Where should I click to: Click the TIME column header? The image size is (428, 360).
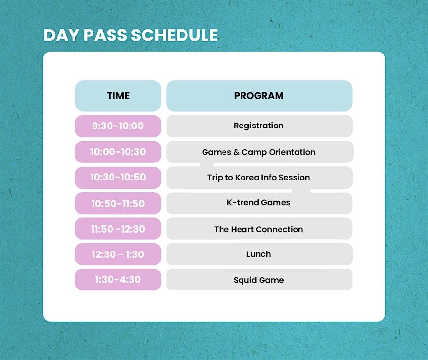tap(118, 96)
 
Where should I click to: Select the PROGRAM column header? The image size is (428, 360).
tap(259, 96)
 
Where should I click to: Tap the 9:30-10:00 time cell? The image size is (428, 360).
tap(118, 126)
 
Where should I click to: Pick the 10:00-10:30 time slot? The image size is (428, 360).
tap(118, 152)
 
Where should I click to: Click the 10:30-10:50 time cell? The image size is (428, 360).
tap(118, 178)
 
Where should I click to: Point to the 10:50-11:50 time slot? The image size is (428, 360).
tap(118, 203)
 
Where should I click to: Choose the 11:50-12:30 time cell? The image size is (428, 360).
tap(118, 229)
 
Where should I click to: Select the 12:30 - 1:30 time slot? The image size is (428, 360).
tap(118, 254)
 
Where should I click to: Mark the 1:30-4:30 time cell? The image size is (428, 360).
tap(118, 280)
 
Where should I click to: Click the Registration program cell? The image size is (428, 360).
tap(259, 126)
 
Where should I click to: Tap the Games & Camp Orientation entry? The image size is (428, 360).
tap(259, 152)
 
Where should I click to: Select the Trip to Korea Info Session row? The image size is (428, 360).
tap(259, 178)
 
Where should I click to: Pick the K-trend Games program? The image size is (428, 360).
tap(259, 203)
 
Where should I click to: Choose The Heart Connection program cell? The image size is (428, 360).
tap(259, 229)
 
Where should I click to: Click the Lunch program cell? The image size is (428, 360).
tap(259, 254)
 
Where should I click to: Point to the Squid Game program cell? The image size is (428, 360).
tap(259, 280)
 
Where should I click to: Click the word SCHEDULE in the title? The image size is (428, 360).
tap(174, 35)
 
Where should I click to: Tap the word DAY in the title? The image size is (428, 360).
tap(62, 35)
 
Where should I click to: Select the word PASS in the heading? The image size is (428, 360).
tap(105, 35)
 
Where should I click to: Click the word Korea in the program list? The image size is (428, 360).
tap(247, 177)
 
